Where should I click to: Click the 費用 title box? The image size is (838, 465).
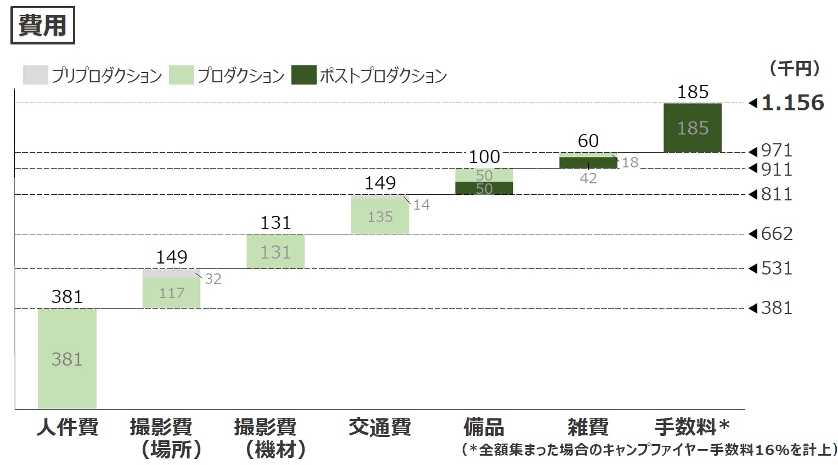pos(42,25)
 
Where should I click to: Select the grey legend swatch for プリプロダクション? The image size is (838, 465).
pos(35,75)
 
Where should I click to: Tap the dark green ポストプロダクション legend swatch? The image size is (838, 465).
pos(303,75)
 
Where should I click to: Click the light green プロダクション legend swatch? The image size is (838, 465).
pos(181,75)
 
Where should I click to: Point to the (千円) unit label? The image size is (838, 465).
pos(794,69)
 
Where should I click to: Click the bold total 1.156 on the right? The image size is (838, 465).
pos(792,103)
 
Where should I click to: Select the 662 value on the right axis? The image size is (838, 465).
pos(777,234)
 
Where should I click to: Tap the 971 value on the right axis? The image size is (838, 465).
pos(777,150)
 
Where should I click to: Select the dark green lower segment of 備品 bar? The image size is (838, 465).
pos(484,188)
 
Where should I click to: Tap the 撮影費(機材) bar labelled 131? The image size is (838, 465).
pos(275,251)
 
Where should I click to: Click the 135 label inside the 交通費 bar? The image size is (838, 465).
pos(380,217)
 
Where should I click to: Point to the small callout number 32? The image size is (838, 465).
pos(213,279)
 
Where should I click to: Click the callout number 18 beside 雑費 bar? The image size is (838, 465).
pos(630,163)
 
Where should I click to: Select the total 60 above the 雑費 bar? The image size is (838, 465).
pos(588,141)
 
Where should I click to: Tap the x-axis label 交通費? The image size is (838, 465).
pos(380,427)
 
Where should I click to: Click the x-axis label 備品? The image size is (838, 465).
pos(483,427)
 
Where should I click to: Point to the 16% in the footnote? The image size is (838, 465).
pos(772,450)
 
